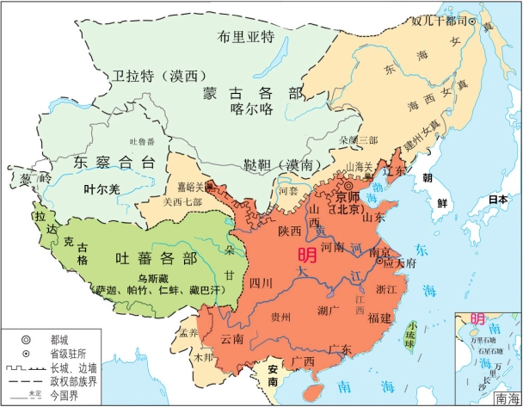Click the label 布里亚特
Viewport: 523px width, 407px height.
tap(245, 36)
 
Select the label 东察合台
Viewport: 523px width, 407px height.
tap(114, 162)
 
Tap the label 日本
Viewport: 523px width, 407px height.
tap(498, 199)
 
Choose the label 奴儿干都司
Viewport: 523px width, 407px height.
tap(440, 20)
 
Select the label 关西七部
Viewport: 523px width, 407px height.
tap(182, 202)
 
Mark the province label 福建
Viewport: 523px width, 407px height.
tap(379, 318)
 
